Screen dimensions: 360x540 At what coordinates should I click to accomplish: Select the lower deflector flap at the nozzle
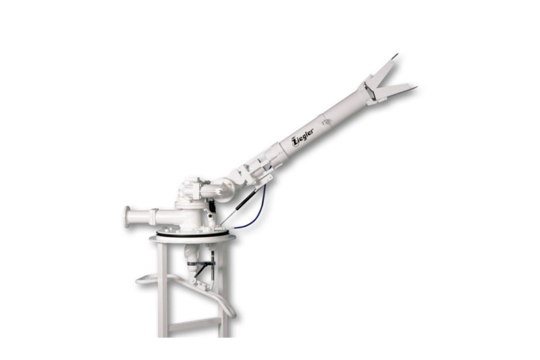(x=396, y=91)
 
